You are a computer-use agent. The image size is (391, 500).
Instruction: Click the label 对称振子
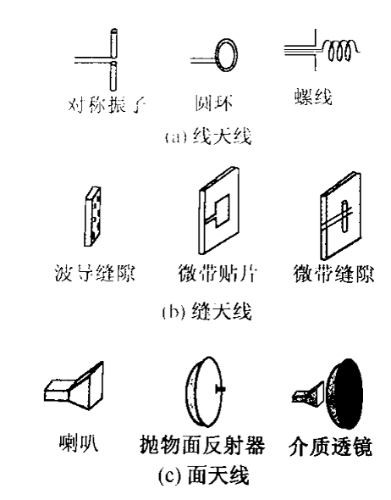coord(107,104)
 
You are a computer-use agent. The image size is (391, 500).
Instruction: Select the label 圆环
coord(213,103)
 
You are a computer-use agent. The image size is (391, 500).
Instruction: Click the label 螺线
coord(313,97)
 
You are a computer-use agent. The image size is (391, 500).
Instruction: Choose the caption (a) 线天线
coord(208,136)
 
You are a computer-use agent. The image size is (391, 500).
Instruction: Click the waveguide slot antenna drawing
coord(92,216)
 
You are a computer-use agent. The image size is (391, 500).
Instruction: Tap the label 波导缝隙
coord(95,274)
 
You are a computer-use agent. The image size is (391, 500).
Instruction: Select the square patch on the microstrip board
coord(223,210)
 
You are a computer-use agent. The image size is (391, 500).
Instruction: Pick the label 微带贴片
coord(218,274)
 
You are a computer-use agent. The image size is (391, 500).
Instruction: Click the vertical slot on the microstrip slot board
coord(344,216)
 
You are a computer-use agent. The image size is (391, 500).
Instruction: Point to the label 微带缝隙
coord(333,274)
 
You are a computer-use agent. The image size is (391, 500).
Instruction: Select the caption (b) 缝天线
coord(207,311)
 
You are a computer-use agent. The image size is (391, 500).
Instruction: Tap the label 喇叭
coord(79,442)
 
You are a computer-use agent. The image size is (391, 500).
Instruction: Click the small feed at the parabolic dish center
coord(220,389)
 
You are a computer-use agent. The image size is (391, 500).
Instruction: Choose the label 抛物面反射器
coord(202,445)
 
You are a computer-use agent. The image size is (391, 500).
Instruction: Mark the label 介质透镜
coord(331,447)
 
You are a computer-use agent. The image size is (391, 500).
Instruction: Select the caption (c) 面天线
coord(204,476)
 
